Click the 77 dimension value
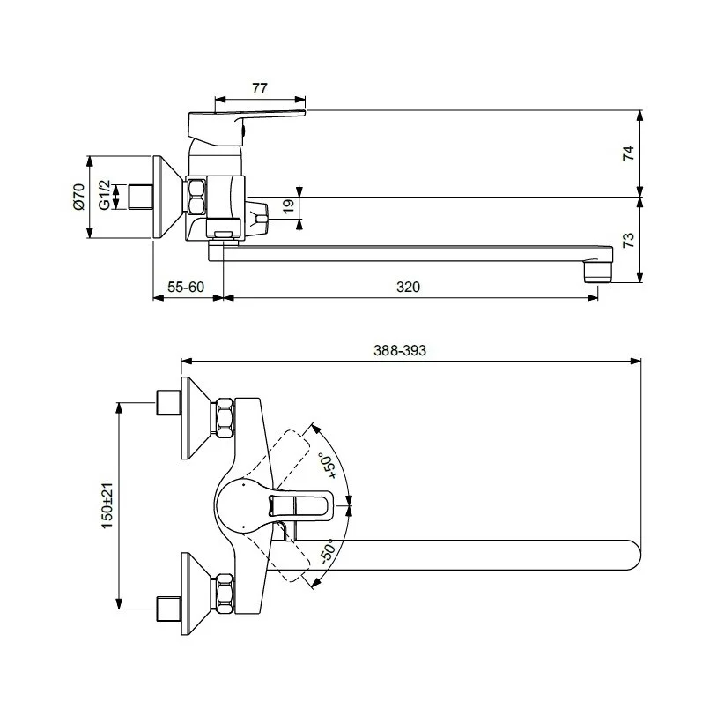[x=259, y=88]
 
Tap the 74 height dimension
[x=629, y=153]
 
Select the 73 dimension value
[x=629, y=240]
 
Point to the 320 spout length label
[x=408, y=287]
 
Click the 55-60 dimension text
[x=186, y=287]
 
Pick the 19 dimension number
[x=288, y=206]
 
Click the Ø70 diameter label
[x=78, y=197]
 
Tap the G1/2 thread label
[x=105, y=196]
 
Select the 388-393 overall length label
[x=400, y=350]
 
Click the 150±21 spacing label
[x=107, y=505]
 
